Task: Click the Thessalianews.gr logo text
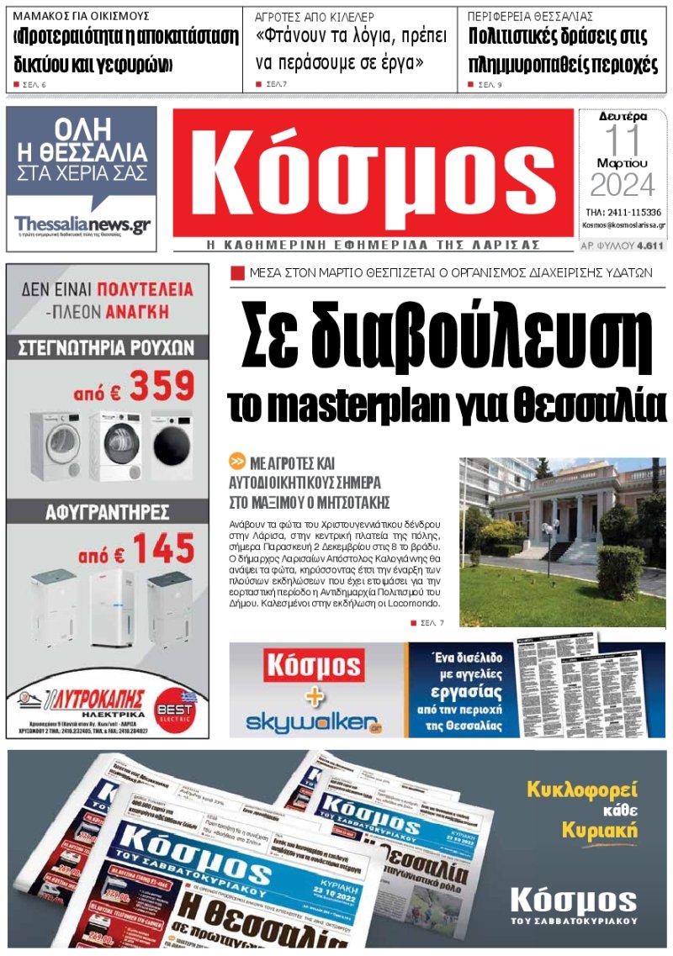pos(82,225)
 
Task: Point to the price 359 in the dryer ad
pos(160,386)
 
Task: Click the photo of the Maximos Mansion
pos(562,541)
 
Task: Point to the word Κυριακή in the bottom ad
pos(599,831)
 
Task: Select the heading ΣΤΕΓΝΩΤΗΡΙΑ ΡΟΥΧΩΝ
pos(107,347)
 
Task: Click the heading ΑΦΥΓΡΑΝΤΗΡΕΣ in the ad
pos(107,512)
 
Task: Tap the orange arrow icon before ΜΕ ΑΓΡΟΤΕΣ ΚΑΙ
pos(236,462)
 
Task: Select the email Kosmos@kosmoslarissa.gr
pos(623,225)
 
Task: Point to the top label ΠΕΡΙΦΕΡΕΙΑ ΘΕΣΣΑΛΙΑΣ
pos(531,16)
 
